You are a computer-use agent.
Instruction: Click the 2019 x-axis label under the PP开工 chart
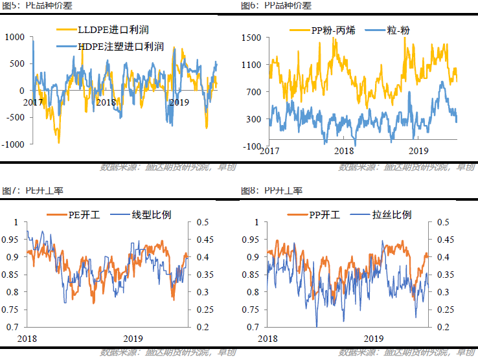(x=373, y=339)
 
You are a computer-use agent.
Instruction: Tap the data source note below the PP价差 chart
(x=406, y=168)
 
